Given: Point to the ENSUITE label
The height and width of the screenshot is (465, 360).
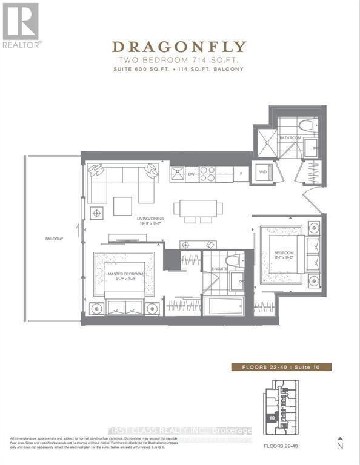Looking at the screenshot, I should coord(219,268).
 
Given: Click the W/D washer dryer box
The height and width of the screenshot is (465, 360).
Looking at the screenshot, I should coord(263,172).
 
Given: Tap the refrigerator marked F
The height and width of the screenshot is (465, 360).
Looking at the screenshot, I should coord(241,174).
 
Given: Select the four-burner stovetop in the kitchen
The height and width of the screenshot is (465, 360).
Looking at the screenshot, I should coord(208,174).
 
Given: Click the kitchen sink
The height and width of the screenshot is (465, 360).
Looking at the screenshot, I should coord(178,174).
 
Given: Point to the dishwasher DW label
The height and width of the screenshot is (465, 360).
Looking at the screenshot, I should coord(191,174).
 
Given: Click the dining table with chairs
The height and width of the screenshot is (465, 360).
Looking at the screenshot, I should coord(195,208).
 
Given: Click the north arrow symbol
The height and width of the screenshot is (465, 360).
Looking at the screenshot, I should coord(340,444).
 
